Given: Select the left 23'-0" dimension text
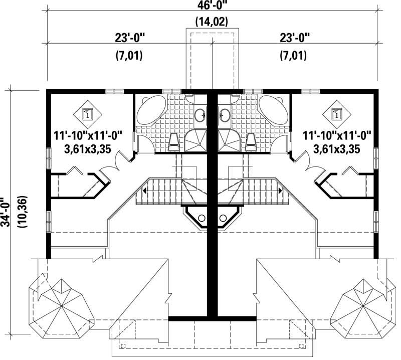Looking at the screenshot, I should click(127, 38).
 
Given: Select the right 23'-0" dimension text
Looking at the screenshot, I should click(294, 38).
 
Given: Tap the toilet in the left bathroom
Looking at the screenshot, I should click(174, 142).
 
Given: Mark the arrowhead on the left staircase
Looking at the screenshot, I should click(144, 191).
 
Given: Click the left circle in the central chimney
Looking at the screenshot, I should click(202, 218).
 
